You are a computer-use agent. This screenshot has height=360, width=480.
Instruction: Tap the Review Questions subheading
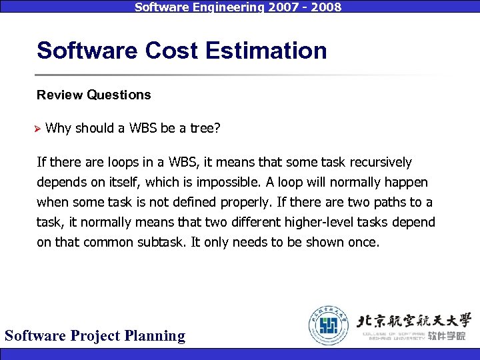pyautogui.click(x=94, y=95)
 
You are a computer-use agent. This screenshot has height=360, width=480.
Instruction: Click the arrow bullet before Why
pyautogui.click(x=39, y=129)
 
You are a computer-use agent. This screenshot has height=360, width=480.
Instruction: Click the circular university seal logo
pyautogui.click(x=329, y=325)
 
